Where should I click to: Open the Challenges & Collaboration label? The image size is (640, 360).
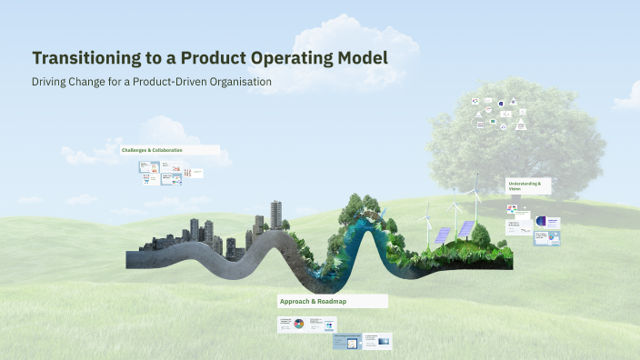pos(152,149)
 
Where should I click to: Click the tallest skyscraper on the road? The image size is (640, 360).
pos(274,215)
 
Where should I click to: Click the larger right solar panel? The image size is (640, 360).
pos(465,229)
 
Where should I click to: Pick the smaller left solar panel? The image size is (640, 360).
pos(441,234)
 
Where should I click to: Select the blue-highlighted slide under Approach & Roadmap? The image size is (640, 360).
pos(346,342)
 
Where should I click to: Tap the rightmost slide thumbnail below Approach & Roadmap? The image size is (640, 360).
pos(377,342)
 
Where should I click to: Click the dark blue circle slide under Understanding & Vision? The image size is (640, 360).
pos(542,221)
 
